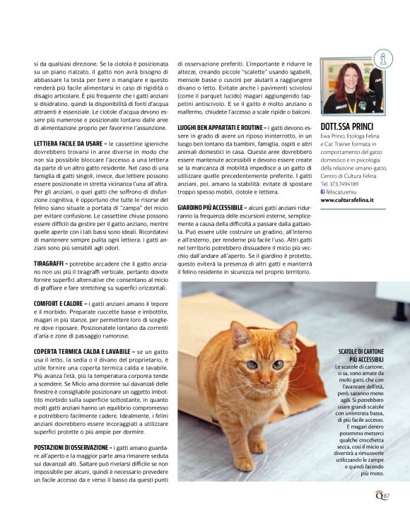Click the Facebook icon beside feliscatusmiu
pos(323,191)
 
